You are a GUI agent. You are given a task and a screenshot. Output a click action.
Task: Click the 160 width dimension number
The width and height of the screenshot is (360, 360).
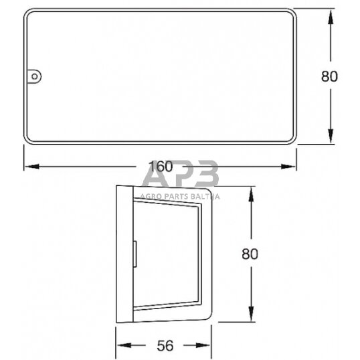point(160,165)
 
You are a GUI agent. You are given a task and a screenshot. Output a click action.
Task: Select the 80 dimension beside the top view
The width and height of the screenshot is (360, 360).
point(329,76)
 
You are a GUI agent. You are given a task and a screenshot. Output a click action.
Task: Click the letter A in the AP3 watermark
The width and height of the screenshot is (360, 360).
point(155,180)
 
